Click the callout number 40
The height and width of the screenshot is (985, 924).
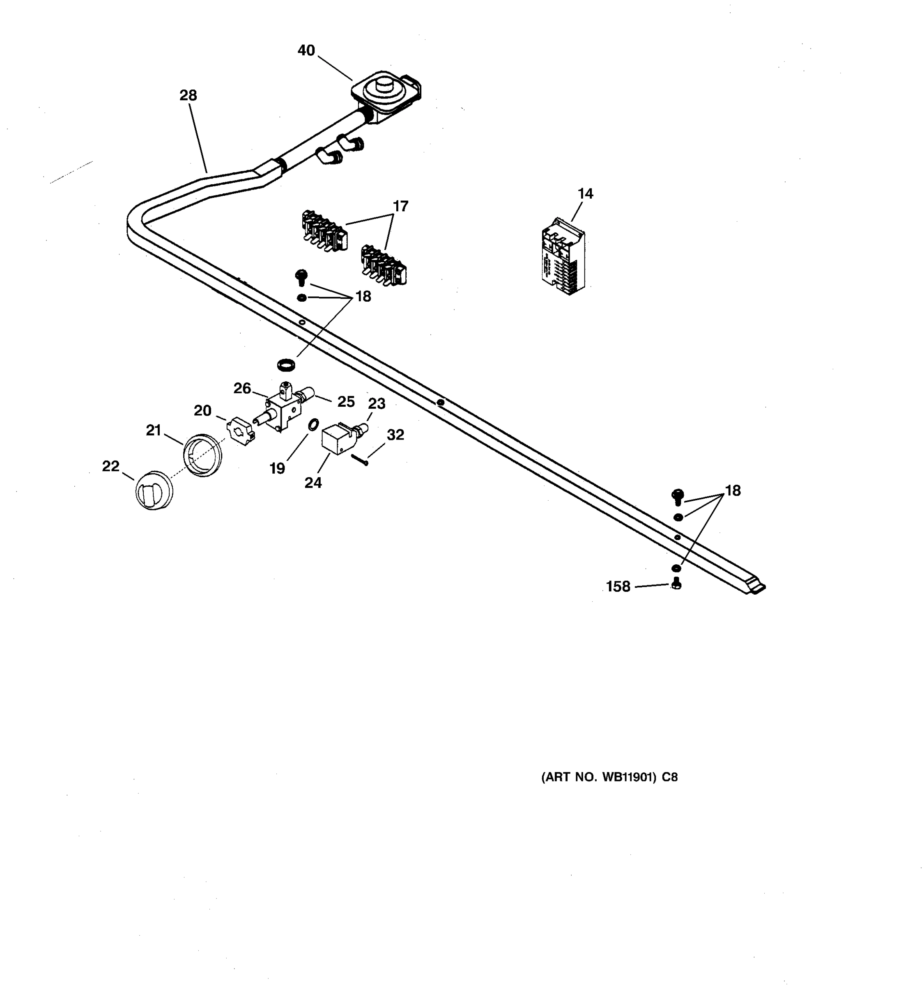(306, 50)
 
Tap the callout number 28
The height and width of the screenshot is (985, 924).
(188, 95)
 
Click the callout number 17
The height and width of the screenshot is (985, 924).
(400, 206)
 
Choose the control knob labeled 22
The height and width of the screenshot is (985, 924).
(154, 490)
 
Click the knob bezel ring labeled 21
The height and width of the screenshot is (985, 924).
(203, 455)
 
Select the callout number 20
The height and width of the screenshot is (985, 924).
(202, 411)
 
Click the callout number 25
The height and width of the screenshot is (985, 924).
(346, 402)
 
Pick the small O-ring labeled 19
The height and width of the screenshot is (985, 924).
(313, 425)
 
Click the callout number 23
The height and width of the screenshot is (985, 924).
(376, 404)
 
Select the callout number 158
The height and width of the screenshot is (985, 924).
(618, 586)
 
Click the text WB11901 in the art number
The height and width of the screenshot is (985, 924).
(629, 777)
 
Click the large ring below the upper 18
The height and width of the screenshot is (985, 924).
(286, 366)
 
